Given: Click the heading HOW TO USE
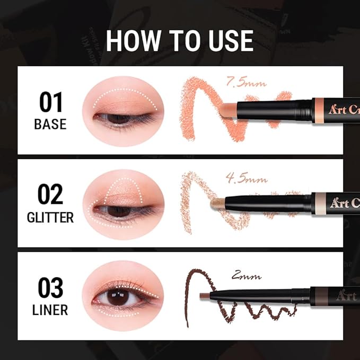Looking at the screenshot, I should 179,41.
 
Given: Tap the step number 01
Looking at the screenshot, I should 51,102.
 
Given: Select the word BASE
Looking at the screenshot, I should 51,125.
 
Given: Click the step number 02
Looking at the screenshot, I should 51,195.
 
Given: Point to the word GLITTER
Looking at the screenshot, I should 51,217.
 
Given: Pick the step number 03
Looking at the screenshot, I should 51,288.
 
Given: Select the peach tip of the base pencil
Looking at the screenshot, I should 227,107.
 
